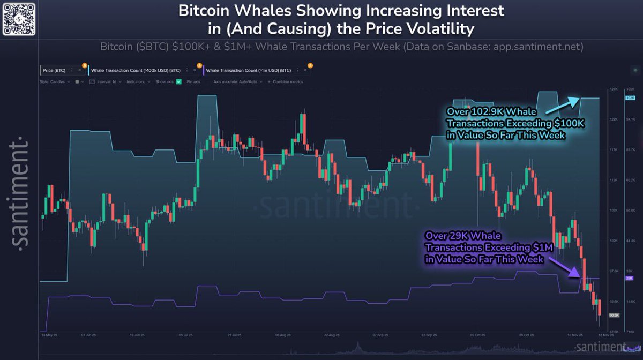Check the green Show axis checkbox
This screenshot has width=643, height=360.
click(x=178, y=82)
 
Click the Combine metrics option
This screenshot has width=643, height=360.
click(x=288, y=82)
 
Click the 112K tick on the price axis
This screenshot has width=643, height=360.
click(x=614, y=180)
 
